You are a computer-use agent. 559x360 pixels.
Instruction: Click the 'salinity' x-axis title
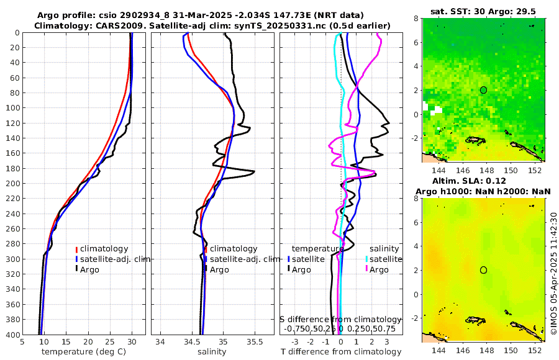pos(211,352)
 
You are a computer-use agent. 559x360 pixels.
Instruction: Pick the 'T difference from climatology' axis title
pos(340,352)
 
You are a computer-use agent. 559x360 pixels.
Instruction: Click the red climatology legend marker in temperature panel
pos(77,249)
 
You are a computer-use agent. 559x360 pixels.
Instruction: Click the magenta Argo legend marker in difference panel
pos(367,269)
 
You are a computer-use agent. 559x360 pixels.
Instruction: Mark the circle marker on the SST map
pos(483,90)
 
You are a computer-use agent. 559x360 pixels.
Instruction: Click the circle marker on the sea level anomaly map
pos(483,270)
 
